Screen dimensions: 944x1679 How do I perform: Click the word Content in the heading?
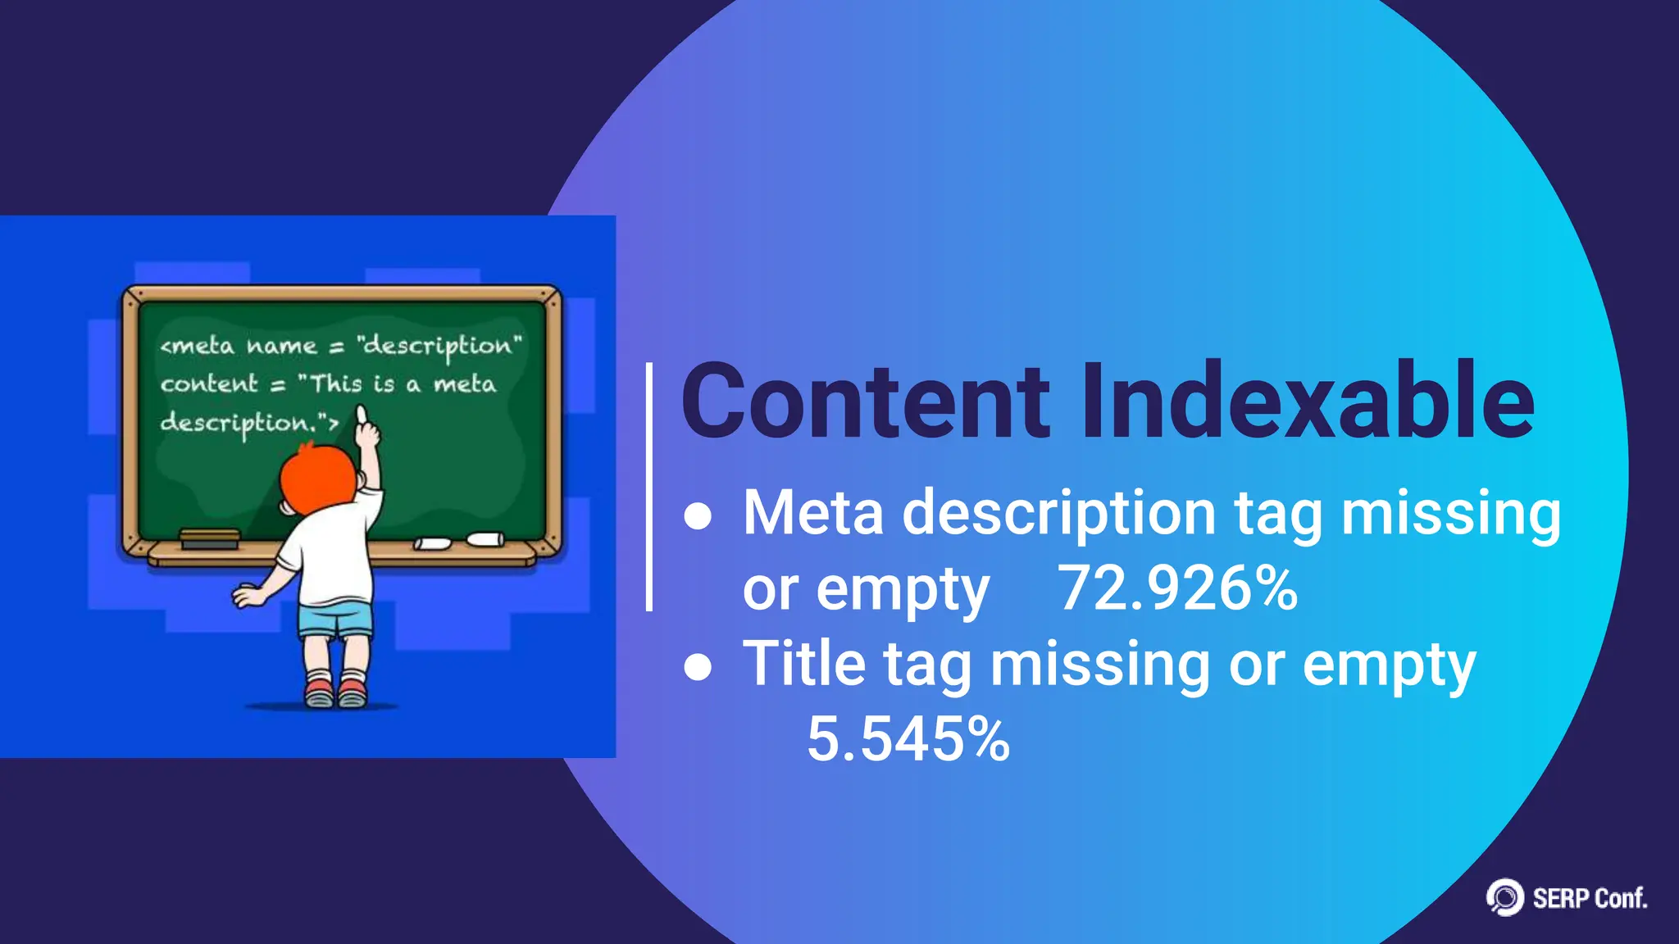click(865, 402)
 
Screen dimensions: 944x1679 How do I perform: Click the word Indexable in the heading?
click(1308, 402)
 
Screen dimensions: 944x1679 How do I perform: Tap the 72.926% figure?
click(1177, 588)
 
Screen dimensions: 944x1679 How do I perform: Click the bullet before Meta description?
click(698, 516)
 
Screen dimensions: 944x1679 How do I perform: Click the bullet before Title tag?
click(698, 667)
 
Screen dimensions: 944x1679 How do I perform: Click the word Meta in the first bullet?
click(813, 513)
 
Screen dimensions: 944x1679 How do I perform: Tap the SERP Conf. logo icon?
click(1505, 897)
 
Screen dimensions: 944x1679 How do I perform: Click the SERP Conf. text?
click(1590, 899)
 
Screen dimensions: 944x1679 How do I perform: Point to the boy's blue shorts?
click(335, 619)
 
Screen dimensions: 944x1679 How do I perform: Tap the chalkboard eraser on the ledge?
click(210, 538)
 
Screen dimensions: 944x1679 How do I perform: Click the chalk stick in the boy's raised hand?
click(361, 414)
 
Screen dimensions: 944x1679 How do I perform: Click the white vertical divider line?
click(649, 487)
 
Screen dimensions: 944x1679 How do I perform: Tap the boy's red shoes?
click(335, 692)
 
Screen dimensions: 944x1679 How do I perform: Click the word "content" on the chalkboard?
click(209, 383)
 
